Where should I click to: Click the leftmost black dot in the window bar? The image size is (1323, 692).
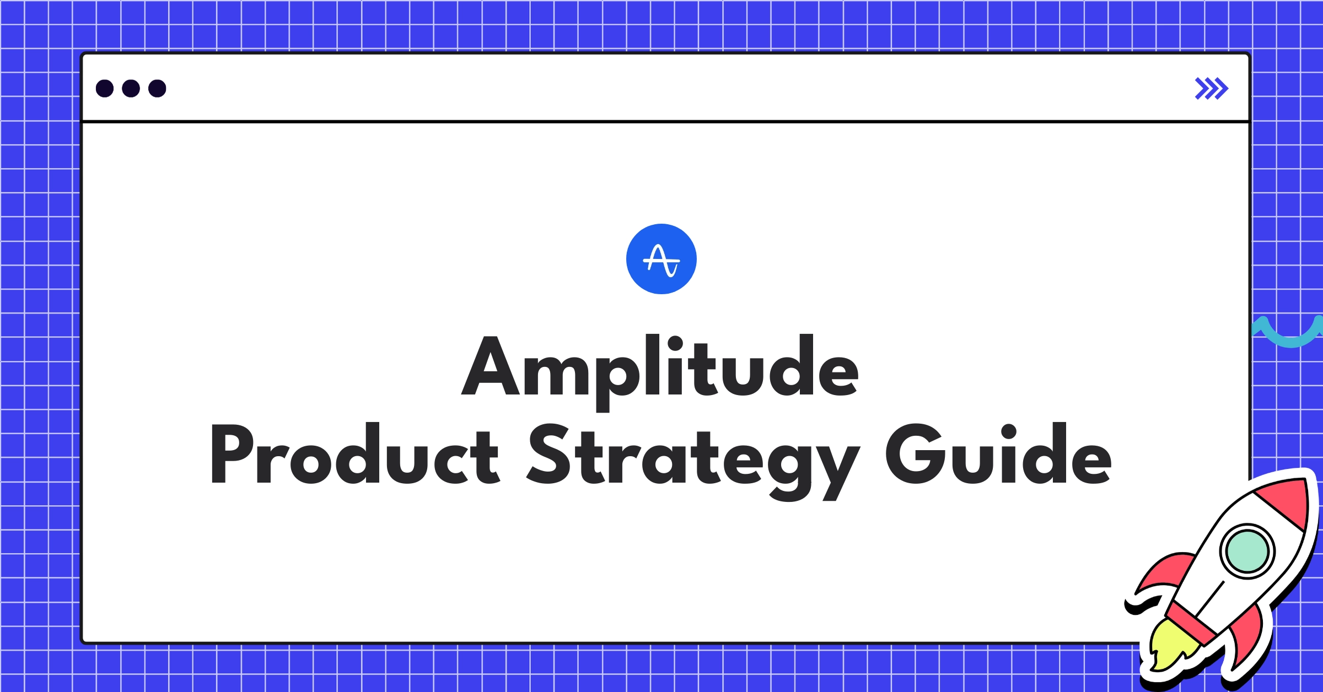[x=105, y=88]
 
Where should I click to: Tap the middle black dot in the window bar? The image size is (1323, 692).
[x=131, y=88]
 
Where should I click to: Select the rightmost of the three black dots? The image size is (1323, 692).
[x=157, y=88]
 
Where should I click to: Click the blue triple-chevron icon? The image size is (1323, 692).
[x=1211, y=89]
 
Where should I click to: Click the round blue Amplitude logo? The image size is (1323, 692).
[x=661, y=259]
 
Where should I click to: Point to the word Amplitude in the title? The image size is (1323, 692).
[x=660, y=366]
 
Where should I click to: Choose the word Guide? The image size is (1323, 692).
[x=998, y=455]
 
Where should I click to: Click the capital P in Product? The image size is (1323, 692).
[x=232, y=455]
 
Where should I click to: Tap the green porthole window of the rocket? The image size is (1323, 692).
[x=1247, y=551]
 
